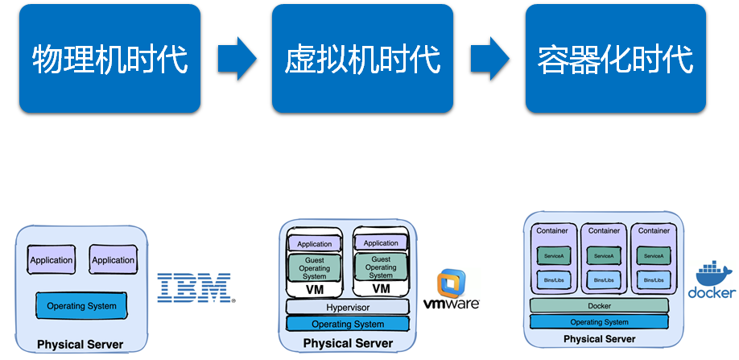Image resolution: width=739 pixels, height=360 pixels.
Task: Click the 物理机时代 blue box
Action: click(x=110, y=58)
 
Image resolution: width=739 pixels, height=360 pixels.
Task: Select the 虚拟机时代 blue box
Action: click(x=362, y=58)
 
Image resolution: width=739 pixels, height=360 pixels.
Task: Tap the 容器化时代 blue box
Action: click(x=615, y=58)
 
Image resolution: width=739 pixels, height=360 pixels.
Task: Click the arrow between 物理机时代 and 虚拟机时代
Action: click(x=237, y=58)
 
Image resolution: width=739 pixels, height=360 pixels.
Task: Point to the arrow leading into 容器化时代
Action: click(x=489, y=58)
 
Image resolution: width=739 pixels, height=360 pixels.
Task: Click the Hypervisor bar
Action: click(x=348, y=307)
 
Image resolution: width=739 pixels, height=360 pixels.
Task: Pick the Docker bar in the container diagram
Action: click(x=599, y=306)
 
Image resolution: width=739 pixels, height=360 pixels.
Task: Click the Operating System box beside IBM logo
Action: click(x=81, y=306)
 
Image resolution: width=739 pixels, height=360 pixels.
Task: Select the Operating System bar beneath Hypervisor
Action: click(x=348, y=324)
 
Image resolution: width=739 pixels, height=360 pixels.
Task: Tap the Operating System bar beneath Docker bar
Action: click(x=599, y=321)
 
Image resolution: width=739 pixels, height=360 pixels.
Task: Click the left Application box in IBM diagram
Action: click(x=52, y=259)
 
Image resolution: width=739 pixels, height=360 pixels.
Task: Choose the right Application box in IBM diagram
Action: click(x=113, y=259)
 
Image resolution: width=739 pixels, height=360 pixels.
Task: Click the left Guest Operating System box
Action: click(x=314, y=267)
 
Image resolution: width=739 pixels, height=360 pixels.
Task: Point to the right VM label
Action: click(x=381, y=288)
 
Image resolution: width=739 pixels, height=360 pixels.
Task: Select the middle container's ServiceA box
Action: click(x=604, y=256)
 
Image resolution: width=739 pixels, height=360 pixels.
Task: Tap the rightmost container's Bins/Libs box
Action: click(x=654, y=280)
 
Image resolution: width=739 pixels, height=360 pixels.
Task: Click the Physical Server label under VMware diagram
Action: click(x=348, y=344)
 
